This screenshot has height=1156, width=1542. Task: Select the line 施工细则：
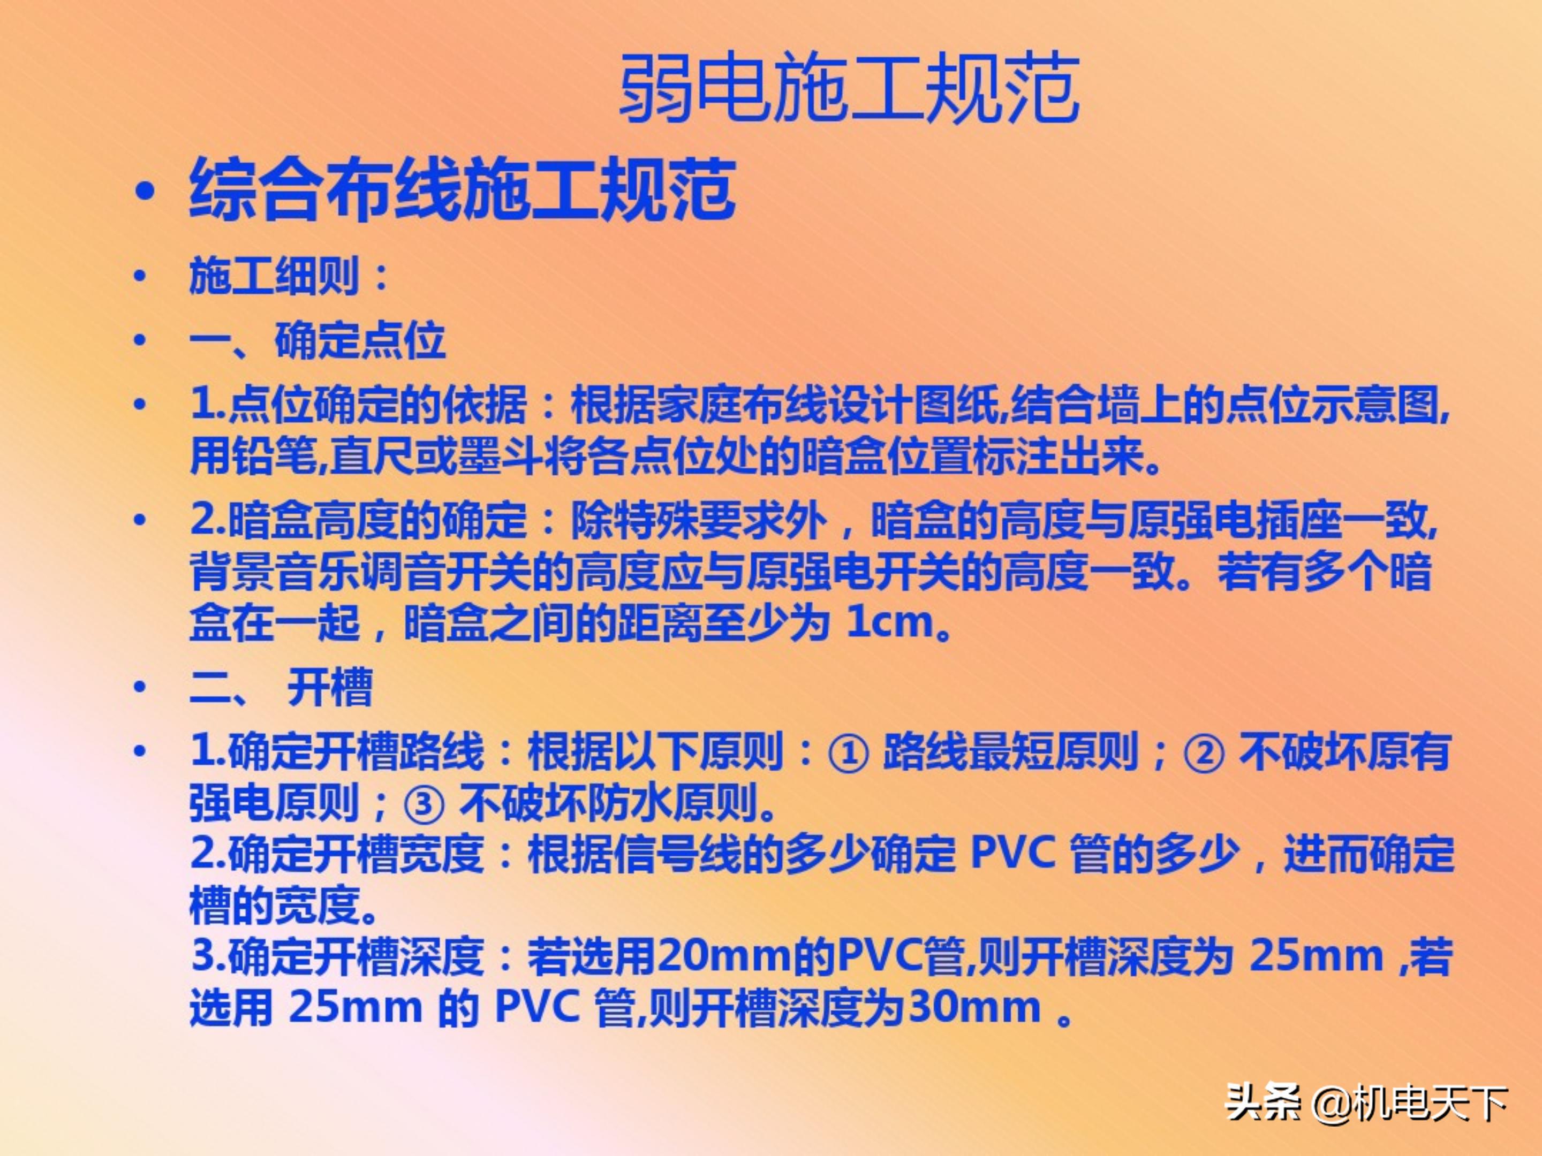tap(289, 276)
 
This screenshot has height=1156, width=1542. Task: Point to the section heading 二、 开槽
tap(281, 687)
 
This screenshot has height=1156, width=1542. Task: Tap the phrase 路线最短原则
tap(1011, 753)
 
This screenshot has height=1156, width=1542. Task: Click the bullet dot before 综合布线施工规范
tap(145, 191)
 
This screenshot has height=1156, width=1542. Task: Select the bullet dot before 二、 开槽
tap(140, 687)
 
